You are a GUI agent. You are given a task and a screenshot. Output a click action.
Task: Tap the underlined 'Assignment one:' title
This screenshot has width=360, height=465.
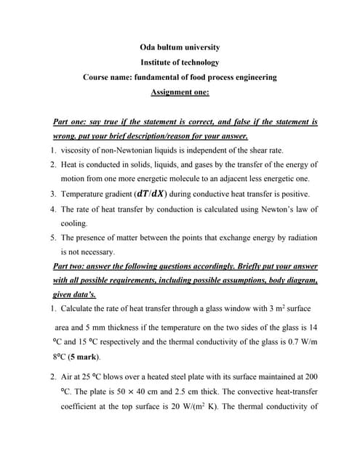180,92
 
